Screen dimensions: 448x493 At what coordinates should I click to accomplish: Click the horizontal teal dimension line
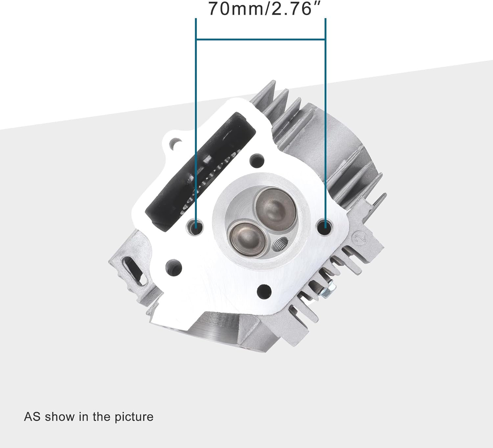(261, 40)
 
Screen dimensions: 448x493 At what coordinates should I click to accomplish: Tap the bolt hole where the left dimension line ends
(195, 227)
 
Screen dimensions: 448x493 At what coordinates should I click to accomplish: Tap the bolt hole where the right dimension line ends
(325, 227)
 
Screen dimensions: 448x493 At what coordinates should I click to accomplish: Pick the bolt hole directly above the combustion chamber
(257, 160)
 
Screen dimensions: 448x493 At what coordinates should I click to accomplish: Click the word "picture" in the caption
(134, 417)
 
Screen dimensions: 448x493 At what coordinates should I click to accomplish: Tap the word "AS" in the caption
(32, 417)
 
